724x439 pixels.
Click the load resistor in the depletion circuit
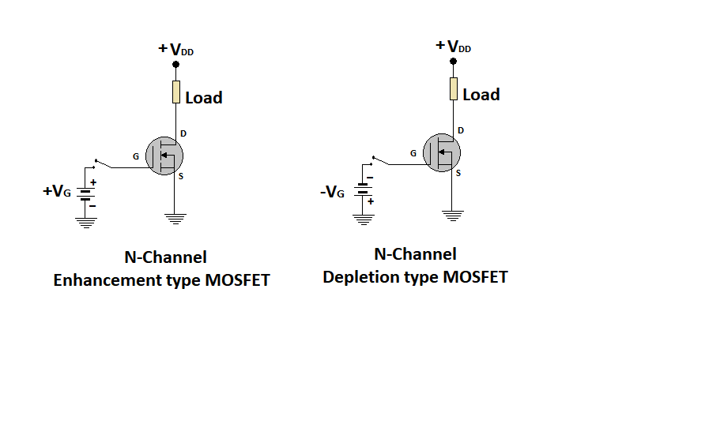pos(454,89)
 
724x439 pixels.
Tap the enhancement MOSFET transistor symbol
pos(165,157)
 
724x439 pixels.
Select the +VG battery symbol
pos(85,193)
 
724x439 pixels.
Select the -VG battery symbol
pos(363,189)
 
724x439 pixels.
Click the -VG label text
pos(333,190)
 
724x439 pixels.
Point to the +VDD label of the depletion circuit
pos(453,47)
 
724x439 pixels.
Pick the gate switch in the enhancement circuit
pos(101,163)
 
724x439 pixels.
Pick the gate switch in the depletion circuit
pos(379,159)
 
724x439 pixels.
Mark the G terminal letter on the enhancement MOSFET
pos(136,156)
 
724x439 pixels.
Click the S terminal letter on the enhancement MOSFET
pos(181,176)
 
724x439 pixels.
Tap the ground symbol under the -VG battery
pos(363,219)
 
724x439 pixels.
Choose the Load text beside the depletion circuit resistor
pos(481,95)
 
